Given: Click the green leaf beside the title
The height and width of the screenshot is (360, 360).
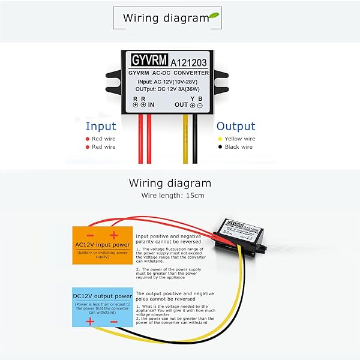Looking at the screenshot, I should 214,16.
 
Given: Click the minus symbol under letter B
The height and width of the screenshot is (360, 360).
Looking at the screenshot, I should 200,105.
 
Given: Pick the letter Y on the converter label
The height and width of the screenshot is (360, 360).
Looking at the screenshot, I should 193,98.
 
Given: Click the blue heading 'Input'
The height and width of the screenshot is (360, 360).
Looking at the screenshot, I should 100,126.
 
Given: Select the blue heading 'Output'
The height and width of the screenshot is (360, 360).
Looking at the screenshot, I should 236,126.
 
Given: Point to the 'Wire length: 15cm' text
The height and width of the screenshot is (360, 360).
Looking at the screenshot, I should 172,196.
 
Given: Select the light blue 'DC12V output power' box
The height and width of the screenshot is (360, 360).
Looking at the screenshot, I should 102,306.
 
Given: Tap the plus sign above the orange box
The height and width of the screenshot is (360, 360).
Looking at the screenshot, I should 112,235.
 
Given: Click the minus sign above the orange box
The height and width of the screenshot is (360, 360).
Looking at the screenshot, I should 90,235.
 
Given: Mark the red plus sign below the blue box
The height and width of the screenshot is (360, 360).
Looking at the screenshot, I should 90,322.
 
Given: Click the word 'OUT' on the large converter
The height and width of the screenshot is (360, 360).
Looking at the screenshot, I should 181,104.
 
